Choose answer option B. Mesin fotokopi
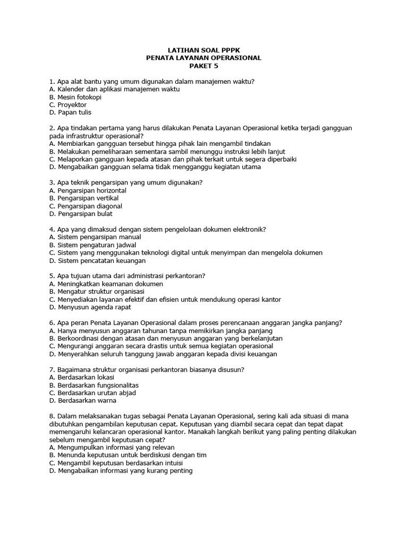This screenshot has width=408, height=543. tap(75, 97)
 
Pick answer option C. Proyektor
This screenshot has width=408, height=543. tap(67, 104)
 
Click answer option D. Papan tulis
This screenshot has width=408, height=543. tap(70, 112)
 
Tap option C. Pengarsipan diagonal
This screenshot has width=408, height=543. tap(85, 206)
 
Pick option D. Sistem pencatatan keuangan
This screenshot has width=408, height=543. tap(97, 260)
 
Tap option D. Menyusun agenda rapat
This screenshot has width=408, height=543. tap(90, 307)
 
